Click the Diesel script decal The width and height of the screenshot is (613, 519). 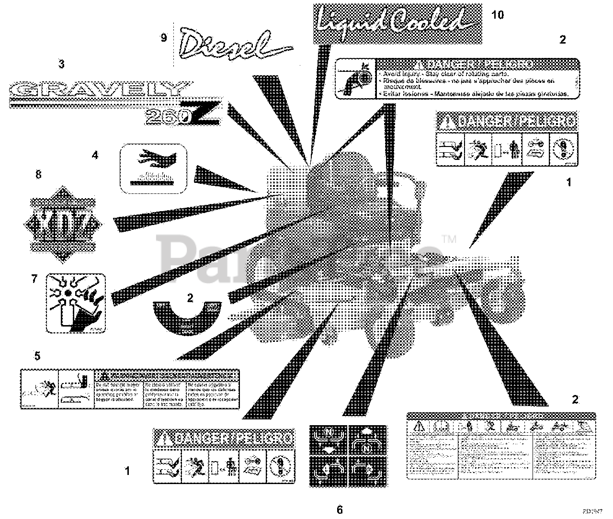click(232, 43)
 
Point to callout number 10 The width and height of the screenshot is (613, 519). click(498, 15)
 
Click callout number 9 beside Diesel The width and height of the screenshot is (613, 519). click(164, 38)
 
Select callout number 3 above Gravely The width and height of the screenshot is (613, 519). click(61, 64)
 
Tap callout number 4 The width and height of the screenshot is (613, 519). click(95, 155)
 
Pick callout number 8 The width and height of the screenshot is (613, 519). click(38, 175)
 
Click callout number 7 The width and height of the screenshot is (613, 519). click(34, 279)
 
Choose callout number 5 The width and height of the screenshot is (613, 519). click(37, 356)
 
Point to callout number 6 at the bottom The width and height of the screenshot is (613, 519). click(340, 510)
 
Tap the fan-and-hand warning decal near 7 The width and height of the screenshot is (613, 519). click(75, 303)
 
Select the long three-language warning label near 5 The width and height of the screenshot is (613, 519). click(130, 388)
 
